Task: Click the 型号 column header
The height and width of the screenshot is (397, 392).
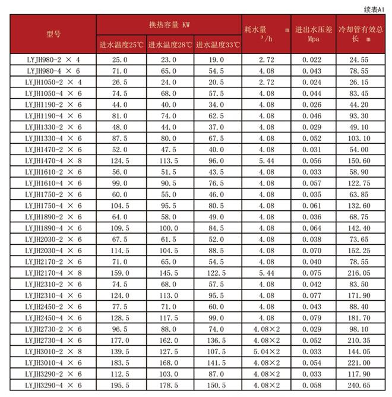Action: pyautogui.click(x=53, y=34)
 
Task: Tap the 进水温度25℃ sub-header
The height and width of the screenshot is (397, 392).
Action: pyautogui.click(x=121, y=45)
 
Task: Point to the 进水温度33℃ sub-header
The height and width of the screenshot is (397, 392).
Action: pyautogui.click(x=217, y=45)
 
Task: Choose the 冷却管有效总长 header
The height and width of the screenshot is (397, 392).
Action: pyautogui.click(x=361, y=34)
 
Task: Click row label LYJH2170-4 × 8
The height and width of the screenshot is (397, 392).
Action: pyautogui.click(x=53, y=273)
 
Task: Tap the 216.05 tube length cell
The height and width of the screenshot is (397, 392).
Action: pyautogui.click(x=361, y=273)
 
